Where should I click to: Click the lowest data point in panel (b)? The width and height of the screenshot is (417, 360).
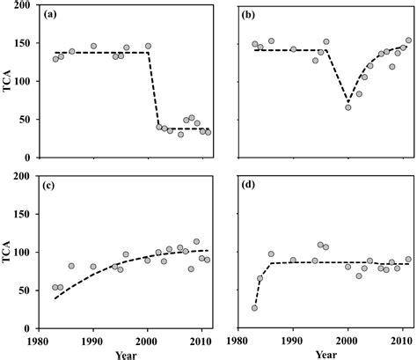coord(347,107)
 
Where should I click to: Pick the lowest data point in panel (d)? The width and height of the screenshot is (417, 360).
coord(254,307)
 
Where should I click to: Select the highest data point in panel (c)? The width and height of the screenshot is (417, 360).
coord(196,241)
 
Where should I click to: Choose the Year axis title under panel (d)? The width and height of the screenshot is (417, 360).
coord(325,355)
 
